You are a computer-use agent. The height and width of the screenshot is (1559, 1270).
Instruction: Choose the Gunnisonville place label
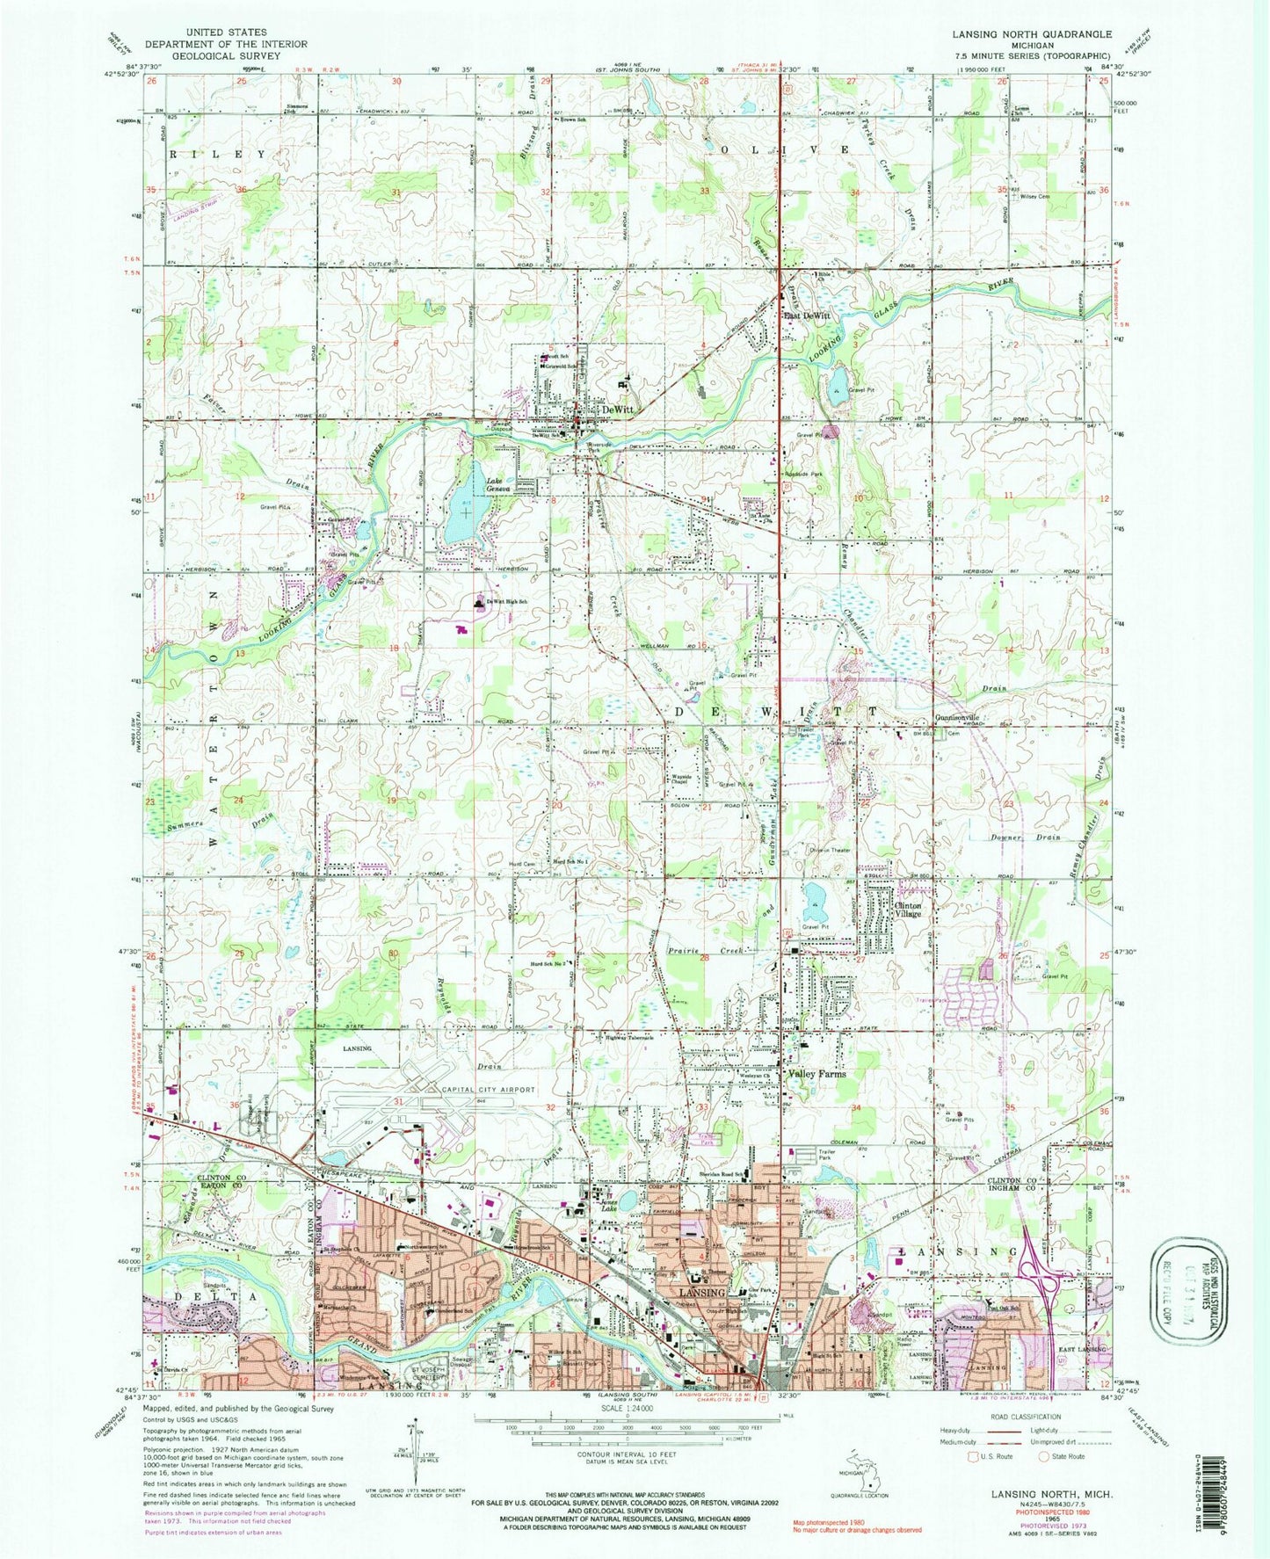(963, 717)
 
